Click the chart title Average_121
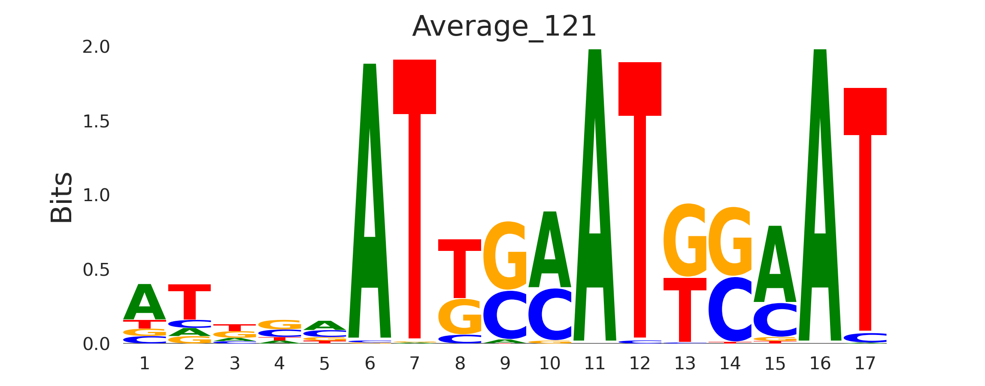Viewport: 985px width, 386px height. (x=504, y=27)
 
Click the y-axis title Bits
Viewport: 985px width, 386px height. (x=61, y=197)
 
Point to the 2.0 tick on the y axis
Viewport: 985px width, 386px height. (x=96, y=47)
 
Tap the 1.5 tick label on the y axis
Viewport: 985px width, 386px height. (x=96, y=122)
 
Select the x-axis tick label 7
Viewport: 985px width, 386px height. (x=414, y=364)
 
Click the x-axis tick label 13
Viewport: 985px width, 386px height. (x=685, y=364)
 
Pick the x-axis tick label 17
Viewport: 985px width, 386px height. (x=865, y=364)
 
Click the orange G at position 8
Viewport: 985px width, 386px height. (x=460, y=317)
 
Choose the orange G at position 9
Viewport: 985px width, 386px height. (x=505, y=256)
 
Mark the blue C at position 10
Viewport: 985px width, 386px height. (x=550, y=315)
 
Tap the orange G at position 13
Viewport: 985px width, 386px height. (x=685, y=240)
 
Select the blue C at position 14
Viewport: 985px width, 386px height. (x=730, y=310)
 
